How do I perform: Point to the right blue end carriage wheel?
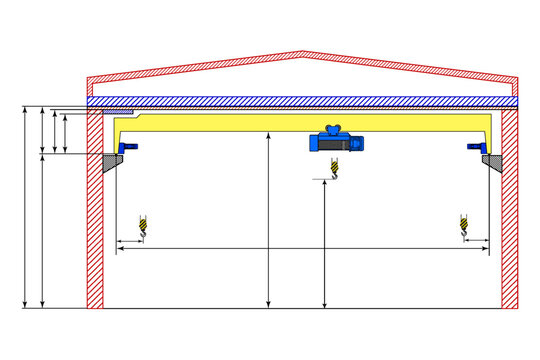coord(476,148)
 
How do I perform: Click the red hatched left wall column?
coord(95,220)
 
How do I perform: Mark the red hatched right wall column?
coord(509,220)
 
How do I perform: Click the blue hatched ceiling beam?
coord(300,101)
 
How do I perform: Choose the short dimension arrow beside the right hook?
coord(476,241)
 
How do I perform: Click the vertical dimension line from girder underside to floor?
coord(269,220)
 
